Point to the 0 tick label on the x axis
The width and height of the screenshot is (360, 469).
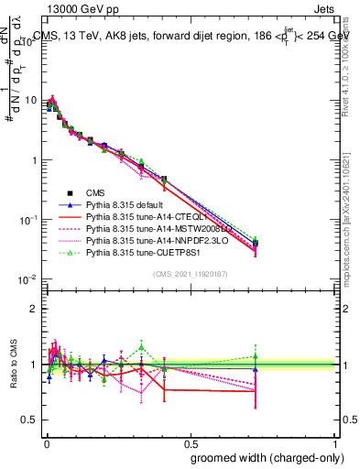click(x=45, y=442)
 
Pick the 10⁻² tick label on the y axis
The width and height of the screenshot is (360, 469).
click(x=29, y=279)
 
